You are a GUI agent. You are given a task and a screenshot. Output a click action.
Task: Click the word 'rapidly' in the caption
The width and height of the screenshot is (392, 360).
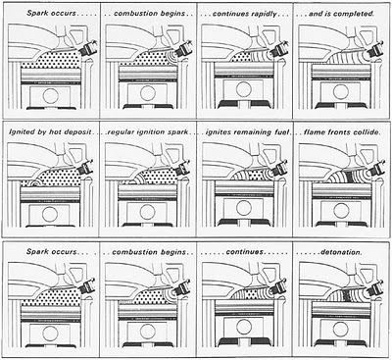[x=264, y=14]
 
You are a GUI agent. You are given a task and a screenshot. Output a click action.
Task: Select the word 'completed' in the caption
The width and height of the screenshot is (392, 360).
[x=356, y=14]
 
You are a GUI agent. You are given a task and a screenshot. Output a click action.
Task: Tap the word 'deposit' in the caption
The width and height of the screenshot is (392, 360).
[x=77, y=132]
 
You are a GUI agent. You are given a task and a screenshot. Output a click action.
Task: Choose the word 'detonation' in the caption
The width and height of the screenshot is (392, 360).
[x=341, y=252]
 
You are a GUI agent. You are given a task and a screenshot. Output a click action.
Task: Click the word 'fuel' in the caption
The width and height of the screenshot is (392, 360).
[x=281, y=132]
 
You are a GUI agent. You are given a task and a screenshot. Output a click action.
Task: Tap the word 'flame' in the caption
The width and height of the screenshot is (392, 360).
[x=314, y=132]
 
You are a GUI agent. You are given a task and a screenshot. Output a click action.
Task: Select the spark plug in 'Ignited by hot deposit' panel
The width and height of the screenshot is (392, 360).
[x=85, y=168]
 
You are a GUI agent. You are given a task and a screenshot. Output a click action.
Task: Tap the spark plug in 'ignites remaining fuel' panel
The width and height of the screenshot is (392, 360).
[x=278, y=169]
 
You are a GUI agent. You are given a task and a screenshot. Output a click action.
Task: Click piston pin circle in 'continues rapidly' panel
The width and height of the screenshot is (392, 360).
[x=244, y=89]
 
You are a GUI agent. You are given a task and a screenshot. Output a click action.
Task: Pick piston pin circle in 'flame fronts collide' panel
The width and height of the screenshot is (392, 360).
[x=340, y=208]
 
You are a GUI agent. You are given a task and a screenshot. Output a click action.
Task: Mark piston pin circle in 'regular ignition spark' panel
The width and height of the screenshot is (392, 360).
[x=147, y=212]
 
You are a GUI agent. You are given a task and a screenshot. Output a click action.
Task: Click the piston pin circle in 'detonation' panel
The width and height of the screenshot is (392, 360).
[x=340, y=328]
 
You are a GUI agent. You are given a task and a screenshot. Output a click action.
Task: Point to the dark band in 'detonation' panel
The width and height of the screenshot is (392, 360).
[x=347, y=296]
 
